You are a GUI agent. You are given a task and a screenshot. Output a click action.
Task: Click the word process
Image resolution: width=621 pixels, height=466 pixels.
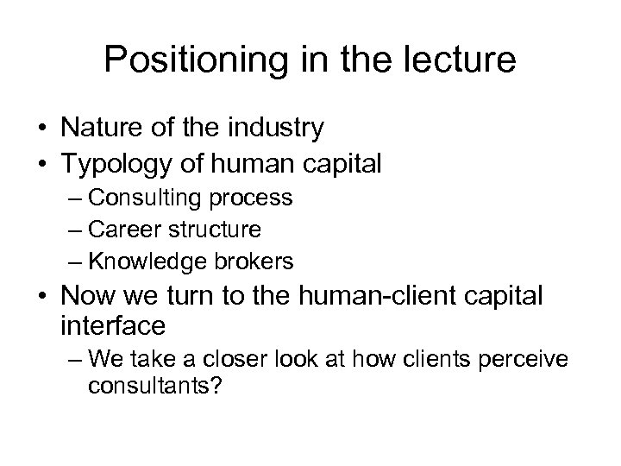tap(251, 198)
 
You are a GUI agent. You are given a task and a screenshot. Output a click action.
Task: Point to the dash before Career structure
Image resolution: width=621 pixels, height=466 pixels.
tap(73, 230)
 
